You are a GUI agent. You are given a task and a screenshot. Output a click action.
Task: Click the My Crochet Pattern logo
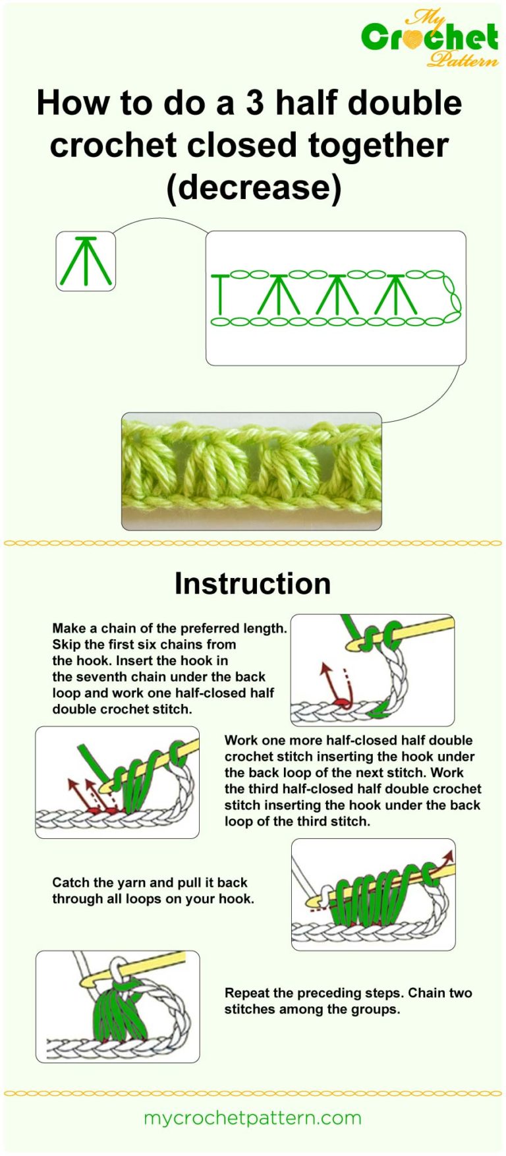point(430,38)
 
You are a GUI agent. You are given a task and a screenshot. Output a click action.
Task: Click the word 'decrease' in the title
point(254,187)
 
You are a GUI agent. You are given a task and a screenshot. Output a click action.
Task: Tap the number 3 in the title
point(254,103)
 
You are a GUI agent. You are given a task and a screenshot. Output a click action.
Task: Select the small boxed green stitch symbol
point(86,262)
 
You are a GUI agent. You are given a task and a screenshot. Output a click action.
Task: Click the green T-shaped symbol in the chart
point(220,293)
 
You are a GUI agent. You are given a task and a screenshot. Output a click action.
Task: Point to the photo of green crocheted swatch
point(251,471)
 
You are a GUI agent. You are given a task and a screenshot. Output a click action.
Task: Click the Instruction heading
point(252,583)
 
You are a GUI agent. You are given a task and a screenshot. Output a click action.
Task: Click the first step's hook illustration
point(372,670)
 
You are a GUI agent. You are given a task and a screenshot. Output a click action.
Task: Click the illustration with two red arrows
point(117,782)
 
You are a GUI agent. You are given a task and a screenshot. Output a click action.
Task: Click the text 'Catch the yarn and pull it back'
point(150,882)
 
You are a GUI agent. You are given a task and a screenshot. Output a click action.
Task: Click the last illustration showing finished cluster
point(117,1006)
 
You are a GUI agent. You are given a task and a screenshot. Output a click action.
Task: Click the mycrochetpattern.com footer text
point(252,1118)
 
